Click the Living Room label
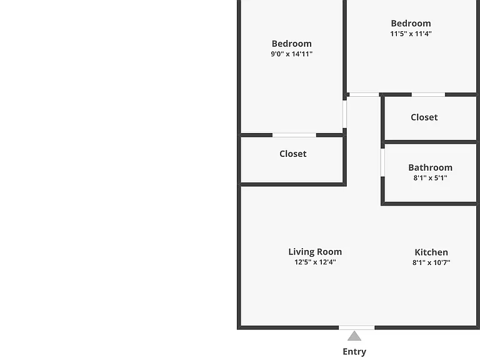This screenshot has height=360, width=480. pyautogui.click(x=315, y=252)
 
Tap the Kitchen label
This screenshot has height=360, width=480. pyautogui.click(x=431, y=252)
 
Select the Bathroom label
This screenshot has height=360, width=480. pyautogui.click(x=431, y=167)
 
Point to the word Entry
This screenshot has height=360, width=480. pyautogui.click(x=354, y=352)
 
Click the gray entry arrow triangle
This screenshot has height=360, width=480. pyautogui.click(x=354, y=336)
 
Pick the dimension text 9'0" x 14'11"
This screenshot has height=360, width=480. pyautogui.click(x=292, y=54)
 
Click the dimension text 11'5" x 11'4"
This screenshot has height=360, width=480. pyautogui.click(x=411, y=34)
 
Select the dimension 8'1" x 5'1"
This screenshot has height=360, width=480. pyautogui.click(x=431, y=178)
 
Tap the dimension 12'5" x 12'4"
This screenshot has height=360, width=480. pyautogui.click(x=315, y=262)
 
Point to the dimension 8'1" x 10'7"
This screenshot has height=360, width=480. pyautogui.click(x=431, y=262)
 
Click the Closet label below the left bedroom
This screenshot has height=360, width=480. pyautogui.click(x=293, y=154)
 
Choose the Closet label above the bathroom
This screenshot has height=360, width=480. pyautogui.click(x=424, y=117)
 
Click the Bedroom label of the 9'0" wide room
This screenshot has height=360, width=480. pyautogui.click(x=292, y=44)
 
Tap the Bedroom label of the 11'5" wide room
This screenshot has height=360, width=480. pyautogui.click(x=411, y=23)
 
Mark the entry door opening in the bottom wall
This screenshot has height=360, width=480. pyautogui.click(x=357, y=327)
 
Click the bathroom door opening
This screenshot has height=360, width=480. pyautogui.click(x=382, y=162)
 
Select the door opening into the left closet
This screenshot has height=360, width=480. pyautogui.click(x=294, y=135)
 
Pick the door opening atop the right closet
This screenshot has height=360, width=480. pyautogui.click(x=428, y=94)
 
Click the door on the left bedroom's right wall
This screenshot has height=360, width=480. pyautogui.click(x=345, y=114)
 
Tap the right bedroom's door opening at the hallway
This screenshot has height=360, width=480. pyautogui.click(x=364, y=94)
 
